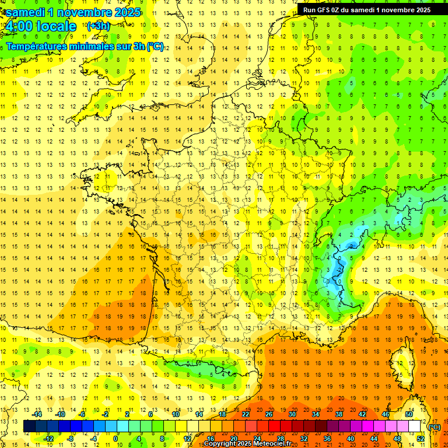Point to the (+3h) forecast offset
coord(98,26)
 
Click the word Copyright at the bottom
coord(220,444)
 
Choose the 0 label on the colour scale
coord(116,439)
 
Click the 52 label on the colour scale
coord(421,439)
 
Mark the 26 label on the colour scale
coord(269,414)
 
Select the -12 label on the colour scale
coord(48,439)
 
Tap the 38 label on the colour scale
coord(338,414)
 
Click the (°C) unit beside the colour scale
coord(433,427)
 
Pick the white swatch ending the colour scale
coord(415,426)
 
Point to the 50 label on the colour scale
coord(408,414)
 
